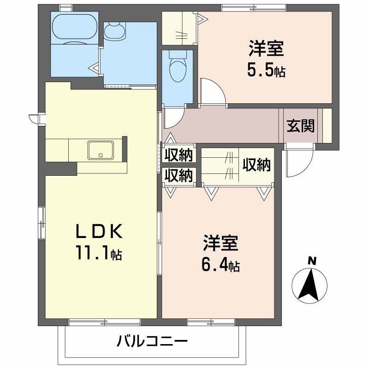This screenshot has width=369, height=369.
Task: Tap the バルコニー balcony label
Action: pyautogui.click(x=152, y=342)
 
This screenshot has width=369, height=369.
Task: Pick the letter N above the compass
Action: pyautogui.click(x=312, y=261)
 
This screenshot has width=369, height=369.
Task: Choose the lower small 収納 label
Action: pyautogui.click(x=179, y=176)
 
